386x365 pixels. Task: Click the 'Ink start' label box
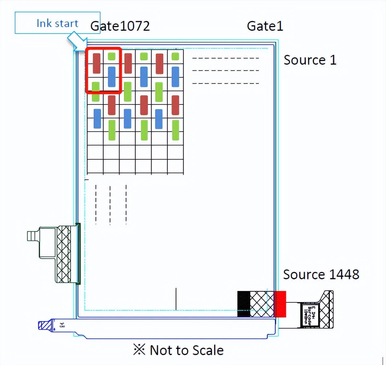pos(57,23)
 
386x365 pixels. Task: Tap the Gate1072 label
pos(120,26)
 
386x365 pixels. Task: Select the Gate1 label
pos(265,26)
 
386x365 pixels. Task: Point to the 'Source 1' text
pos(310,60)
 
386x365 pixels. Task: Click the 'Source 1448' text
pos(321,274)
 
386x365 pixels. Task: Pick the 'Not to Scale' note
pos(187,350)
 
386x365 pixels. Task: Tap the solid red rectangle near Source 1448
pos(280,304)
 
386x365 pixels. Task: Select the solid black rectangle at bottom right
pos(244,304)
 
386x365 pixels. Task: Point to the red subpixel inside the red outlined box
pos(96,63)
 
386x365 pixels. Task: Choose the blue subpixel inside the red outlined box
pos(112,77)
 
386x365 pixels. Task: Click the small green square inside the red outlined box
pos(112,56)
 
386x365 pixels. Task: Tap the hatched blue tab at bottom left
pos(45,326)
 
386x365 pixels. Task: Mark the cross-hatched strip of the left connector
pos(64,254)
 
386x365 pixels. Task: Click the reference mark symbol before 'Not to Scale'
pos(139,350)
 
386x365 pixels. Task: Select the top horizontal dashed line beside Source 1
pos(225,58)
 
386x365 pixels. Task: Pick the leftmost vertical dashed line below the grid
pos(96,204)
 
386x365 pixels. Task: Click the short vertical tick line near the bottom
pos(176,299)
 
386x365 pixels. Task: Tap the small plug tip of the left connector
pos(31,236)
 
